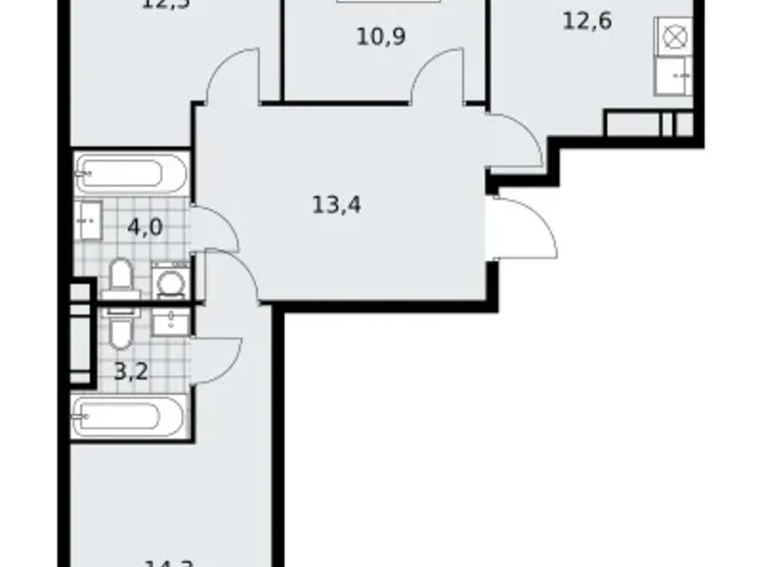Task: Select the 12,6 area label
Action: pos(587,21)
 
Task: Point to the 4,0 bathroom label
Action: pos(144,227)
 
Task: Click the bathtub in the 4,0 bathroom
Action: pos(130,175)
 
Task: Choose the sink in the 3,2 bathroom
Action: pos(174,322)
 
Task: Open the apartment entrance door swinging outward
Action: pos(528,227)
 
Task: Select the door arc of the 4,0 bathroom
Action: pos(217,229)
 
